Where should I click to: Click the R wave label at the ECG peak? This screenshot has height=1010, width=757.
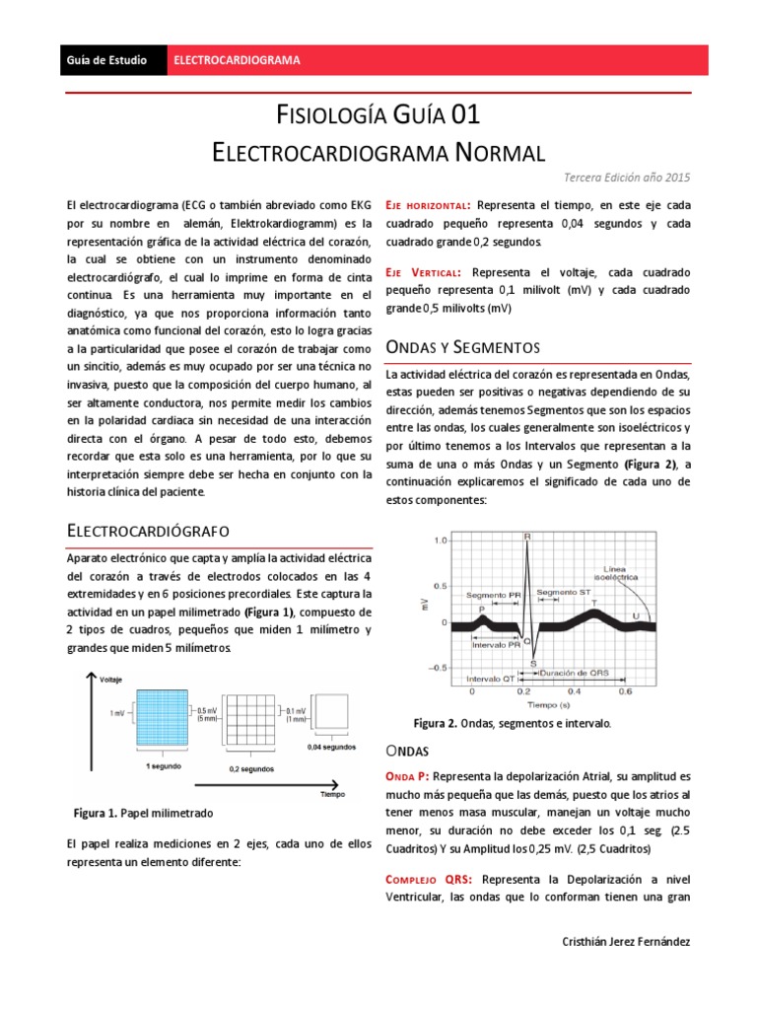(x=527, y=536)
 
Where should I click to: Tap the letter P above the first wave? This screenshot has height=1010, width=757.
(x=482, y=610)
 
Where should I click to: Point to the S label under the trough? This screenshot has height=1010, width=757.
(x=533, y=663)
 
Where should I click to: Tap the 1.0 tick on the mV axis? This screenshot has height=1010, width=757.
(x=440, y=541)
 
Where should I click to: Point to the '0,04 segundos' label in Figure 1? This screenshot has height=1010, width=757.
(x=331, y=747)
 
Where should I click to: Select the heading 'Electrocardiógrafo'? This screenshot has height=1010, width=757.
(x=148, y=531)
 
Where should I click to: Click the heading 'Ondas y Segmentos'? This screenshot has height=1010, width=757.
(x=462, y=347)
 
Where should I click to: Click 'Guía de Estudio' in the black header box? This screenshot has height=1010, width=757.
(x=106, y=60)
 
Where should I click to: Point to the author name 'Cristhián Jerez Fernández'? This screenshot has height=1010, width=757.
(x=624, y=942)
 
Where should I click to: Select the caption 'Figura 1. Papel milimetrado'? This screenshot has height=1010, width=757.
(x=143, y=813)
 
